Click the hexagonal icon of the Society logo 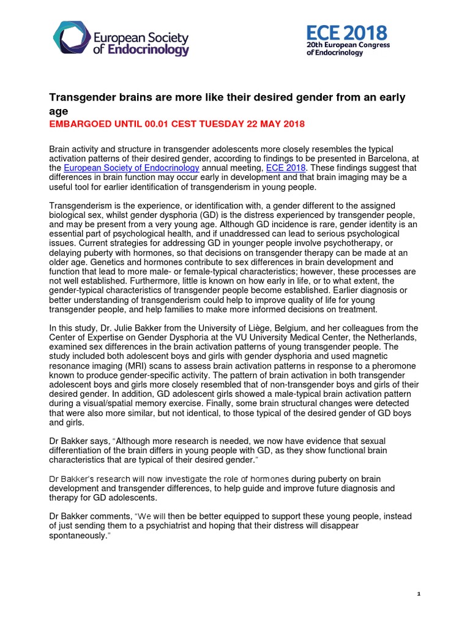[x=71, y=38]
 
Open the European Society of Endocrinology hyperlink [x=131, y=167]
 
